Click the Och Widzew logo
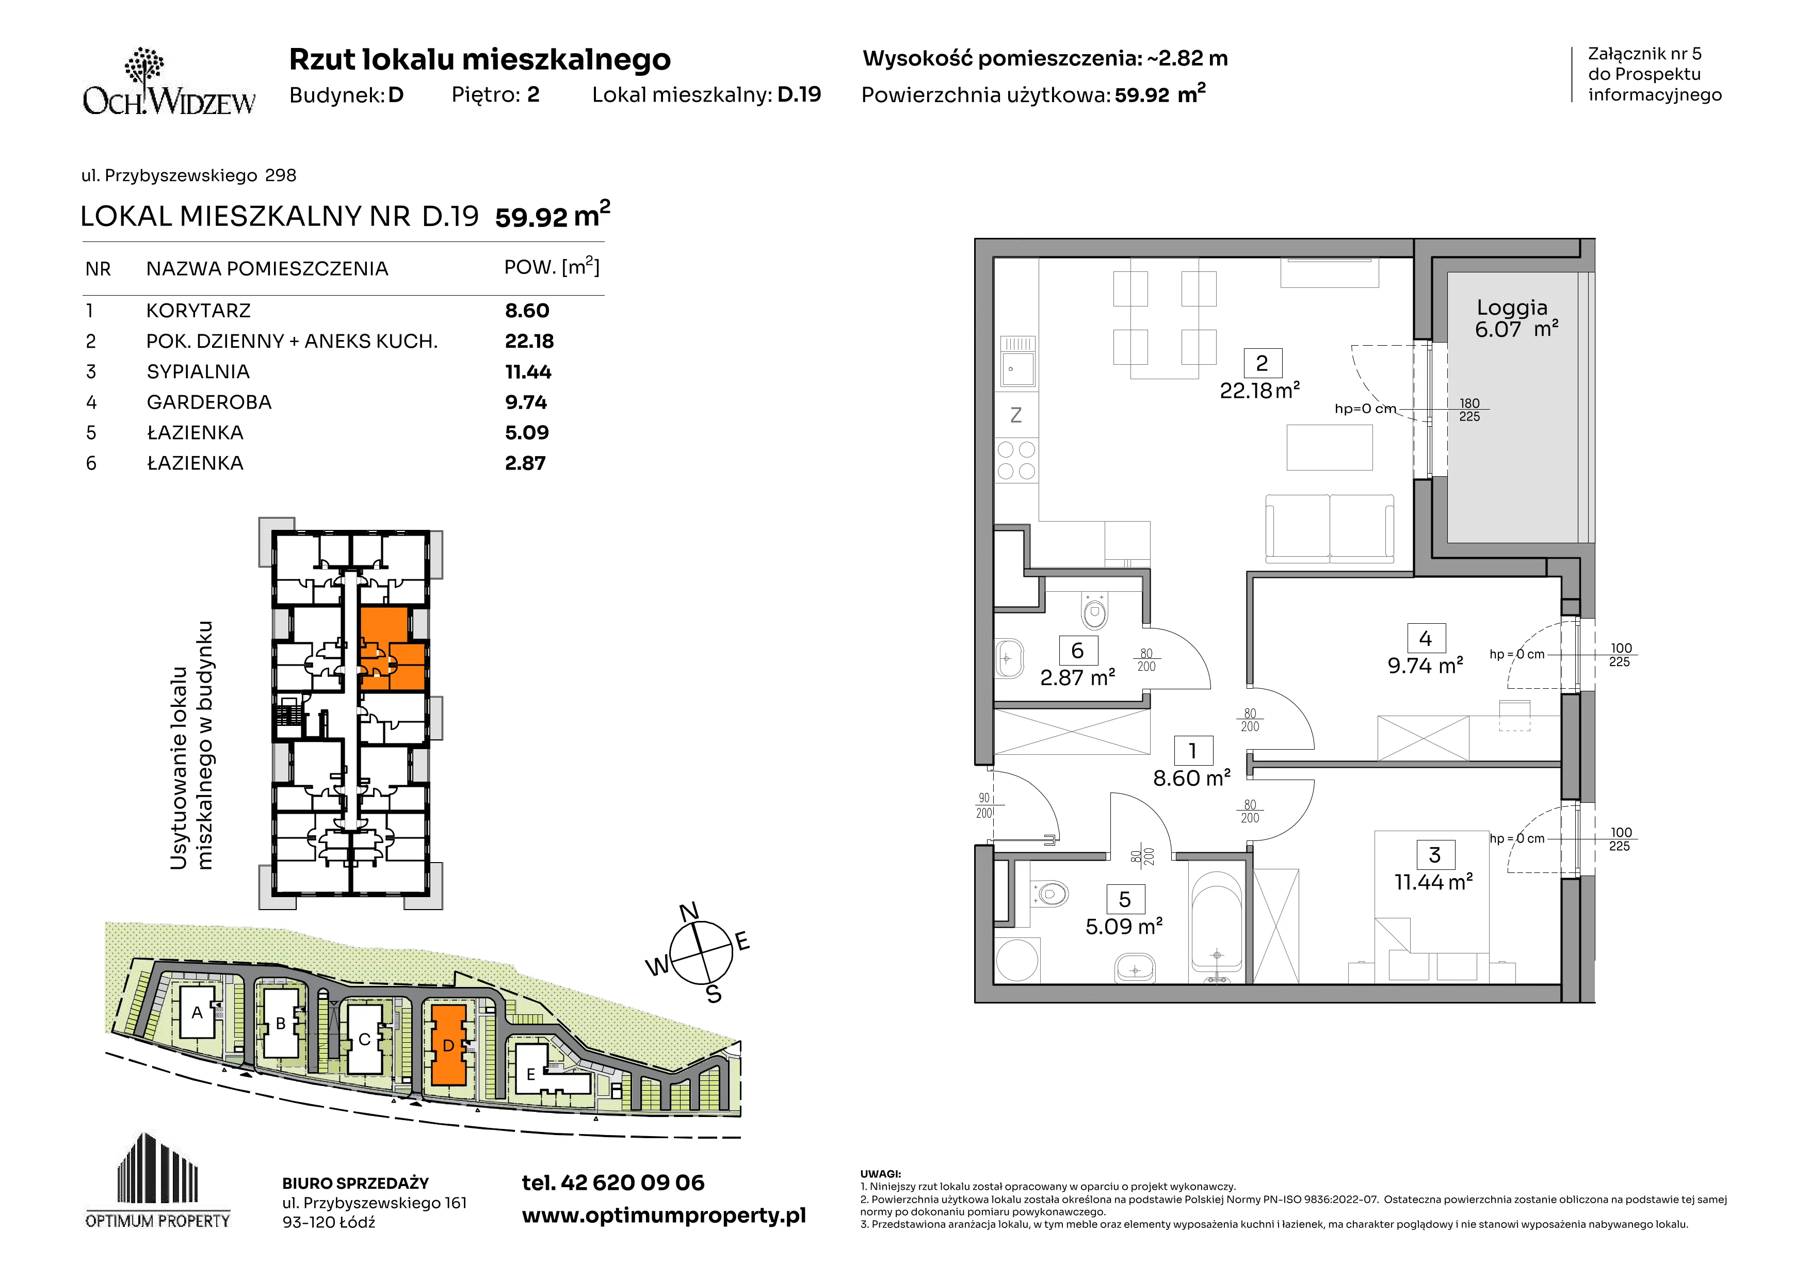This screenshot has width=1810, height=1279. pos(169,82)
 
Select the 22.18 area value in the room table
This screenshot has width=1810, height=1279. pos(529,341)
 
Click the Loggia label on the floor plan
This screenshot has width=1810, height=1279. pos(1512,308)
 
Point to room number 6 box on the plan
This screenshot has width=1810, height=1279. pos(1077,651)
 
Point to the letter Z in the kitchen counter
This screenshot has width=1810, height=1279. pos(1016,415)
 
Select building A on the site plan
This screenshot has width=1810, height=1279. pos(197,1013)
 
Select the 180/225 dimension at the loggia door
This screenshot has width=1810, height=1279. pos(1469,410)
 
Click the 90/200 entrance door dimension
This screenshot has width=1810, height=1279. pos(984,805)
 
